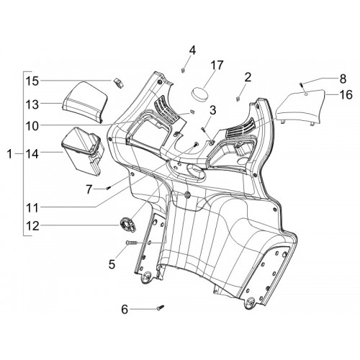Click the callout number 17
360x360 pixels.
[x=217, y=66]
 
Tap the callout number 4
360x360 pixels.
[x=192, y=50]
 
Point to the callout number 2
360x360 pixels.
[x=248, y=78]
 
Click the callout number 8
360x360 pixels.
[x=343, y=78]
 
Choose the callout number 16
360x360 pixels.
[x=346, y=94]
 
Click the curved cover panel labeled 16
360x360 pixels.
[x=300, y=107]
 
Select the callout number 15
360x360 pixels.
[x=32, y=81]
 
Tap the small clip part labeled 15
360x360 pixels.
[x=119, y=83]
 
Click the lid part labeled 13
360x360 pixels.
[x=84, y=101]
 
